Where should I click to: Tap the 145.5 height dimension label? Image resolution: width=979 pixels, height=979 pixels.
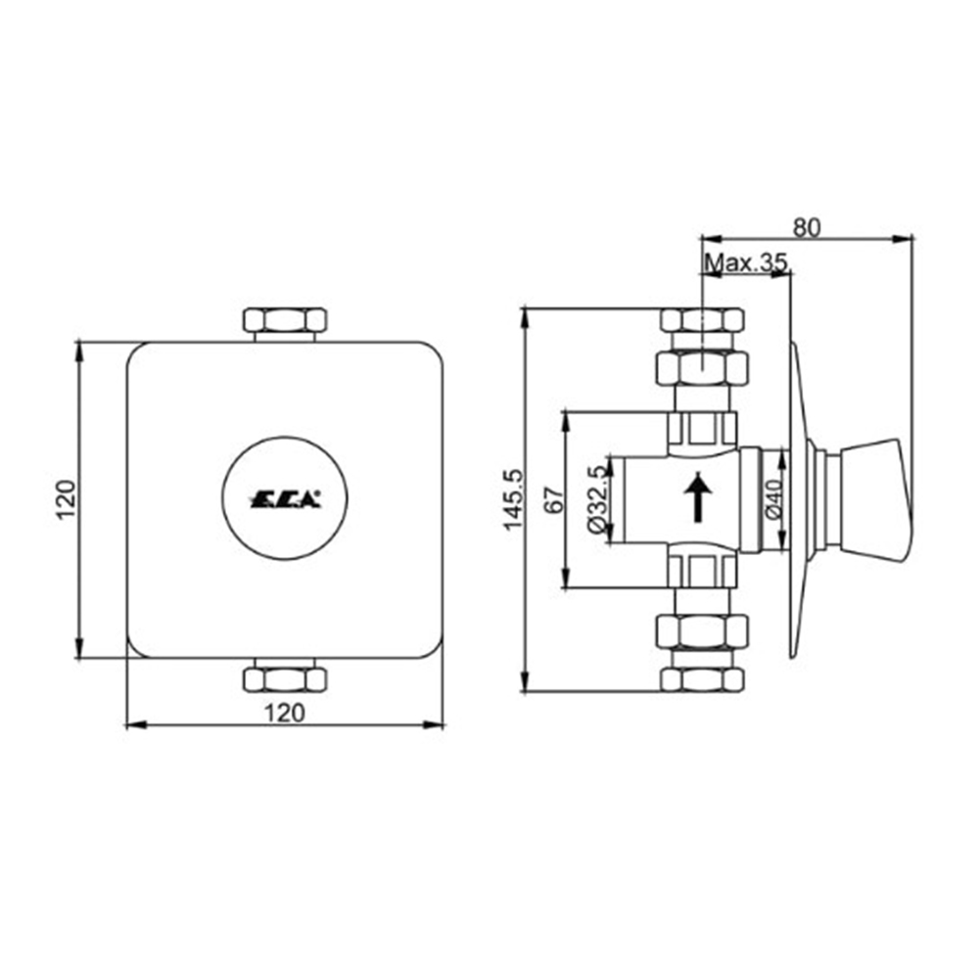click(x=513, y=500)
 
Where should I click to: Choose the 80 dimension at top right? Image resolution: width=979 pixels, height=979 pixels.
click(x=806, y=226)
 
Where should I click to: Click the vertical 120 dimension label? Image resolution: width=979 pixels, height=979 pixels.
click(x=66, y=499)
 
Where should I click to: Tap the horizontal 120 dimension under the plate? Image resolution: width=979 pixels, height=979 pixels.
click(x=284, y=712)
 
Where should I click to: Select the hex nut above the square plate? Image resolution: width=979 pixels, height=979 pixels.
click(x=284, y=320)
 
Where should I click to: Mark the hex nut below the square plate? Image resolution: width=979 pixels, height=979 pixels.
click(x=284, y=678)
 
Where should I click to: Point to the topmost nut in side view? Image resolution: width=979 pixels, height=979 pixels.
click(x=702, y=319)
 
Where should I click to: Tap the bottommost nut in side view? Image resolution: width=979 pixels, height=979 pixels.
click(x=702, y=679)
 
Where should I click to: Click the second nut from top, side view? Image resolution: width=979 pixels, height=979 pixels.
click(x=702, y=367)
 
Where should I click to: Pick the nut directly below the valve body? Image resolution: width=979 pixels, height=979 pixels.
click(x=702, y=631)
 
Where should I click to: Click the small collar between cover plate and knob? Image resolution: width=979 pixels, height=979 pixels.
click(x=828, y=499)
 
